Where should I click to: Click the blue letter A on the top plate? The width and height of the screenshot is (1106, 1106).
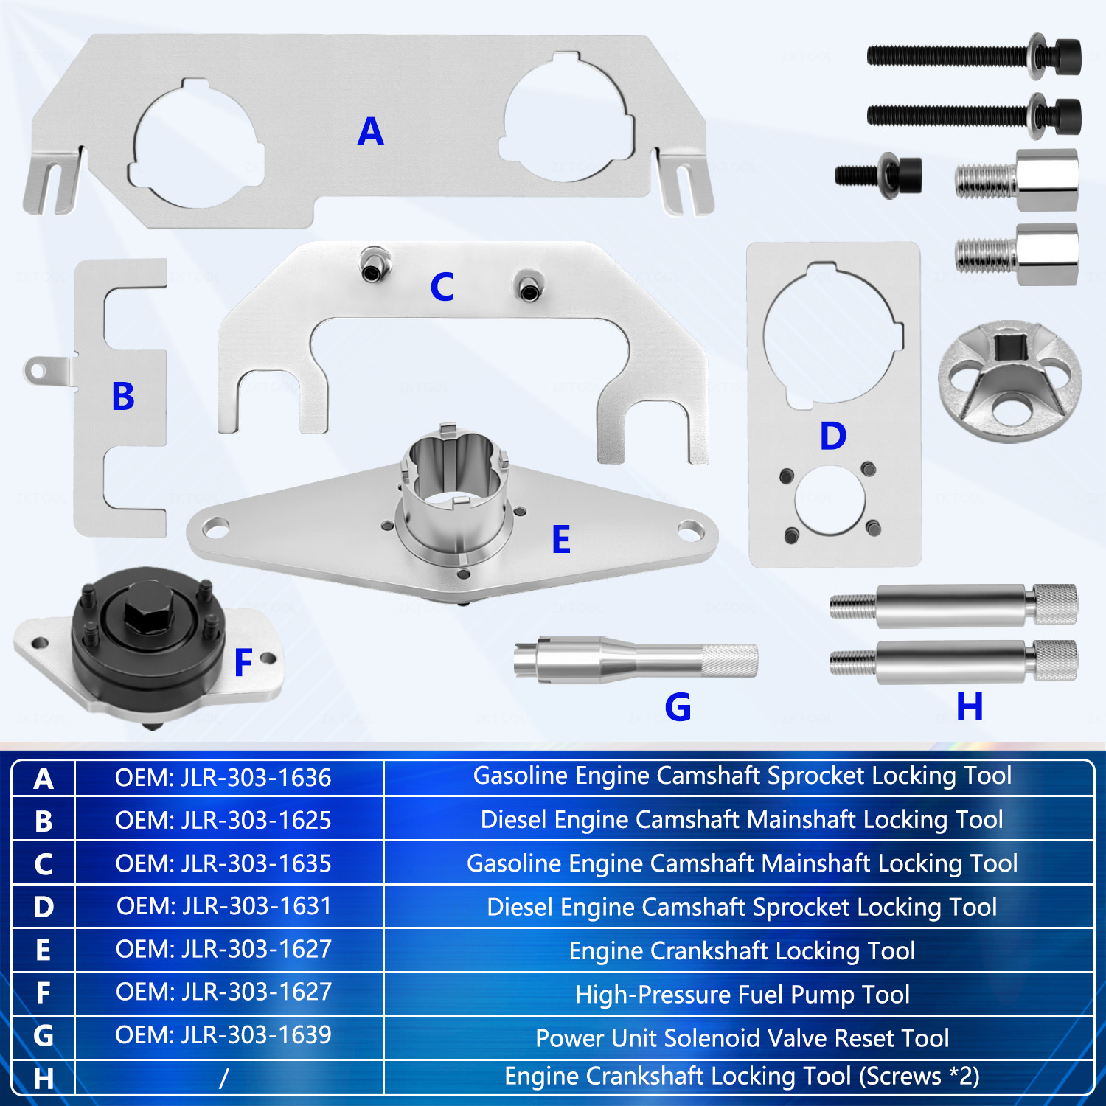[370, 132]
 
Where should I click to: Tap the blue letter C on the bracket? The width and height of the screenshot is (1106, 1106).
[442, 287]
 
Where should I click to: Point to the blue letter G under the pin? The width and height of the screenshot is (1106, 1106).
[678, 707]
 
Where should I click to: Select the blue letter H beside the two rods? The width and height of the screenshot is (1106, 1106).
[970, 706]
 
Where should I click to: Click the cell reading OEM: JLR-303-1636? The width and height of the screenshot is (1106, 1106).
[223, 778]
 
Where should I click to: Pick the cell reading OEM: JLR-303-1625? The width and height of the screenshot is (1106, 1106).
[223, 821]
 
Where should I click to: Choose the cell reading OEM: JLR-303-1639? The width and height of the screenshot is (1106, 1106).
[223, 1035]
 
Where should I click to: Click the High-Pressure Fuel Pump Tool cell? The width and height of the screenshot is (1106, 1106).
[742, 995]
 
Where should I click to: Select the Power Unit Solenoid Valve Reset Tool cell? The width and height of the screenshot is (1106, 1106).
[742, 1038]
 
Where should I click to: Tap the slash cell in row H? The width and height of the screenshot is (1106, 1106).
[223, 1078]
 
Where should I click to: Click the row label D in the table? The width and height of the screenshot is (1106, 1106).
[44, 907]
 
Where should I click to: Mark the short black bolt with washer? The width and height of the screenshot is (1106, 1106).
[878, 175]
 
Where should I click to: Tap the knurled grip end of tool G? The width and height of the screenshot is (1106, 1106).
[728, 660]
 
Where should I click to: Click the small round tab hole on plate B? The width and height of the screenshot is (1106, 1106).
[35, 371]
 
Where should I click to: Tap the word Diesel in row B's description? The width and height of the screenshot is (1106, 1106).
[515, 820]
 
